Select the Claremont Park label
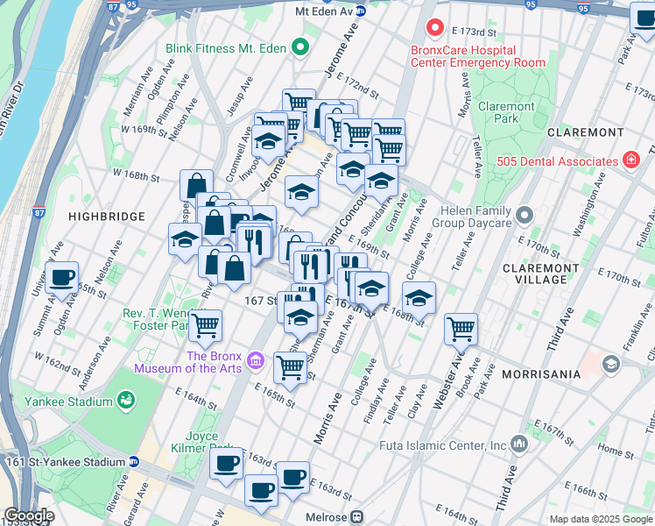pos(506,112)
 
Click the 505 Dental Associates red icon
pos(630,160)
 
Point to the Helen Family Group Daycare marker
pos(525,214)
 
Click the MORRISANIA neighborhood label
pos(541,374)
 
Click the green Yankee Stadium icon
pos(127,402)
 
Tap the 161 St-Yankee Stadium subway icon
pos(133,462)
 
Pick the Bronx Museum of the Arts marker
pos(256,360)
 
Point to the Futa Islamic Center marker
pos(520,445)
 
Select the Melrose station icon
pos(357,517)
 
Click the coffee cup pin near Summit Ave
pos(61,278)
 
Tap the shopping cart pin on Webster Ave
pos(461,330)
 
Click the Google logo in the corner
pos(29,516)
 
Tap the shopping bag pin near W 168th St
pos(196,185)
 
